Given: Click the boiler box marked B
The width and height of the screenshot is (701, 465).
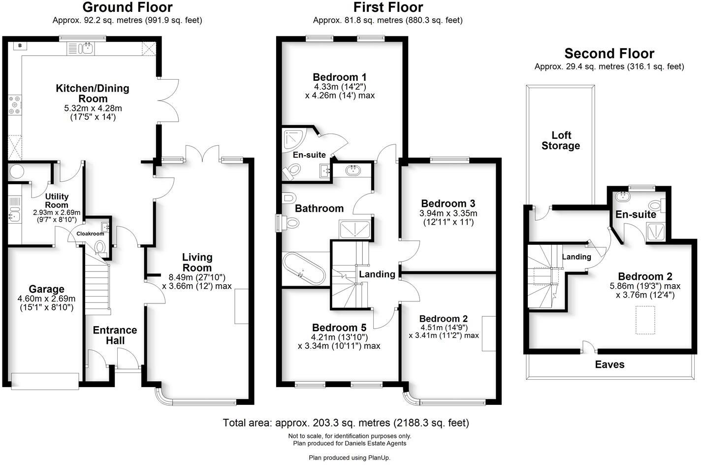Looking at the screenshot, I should pos(20,46).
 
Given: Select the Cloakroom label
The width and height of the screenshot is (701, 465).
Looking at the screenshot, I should pos(90,233).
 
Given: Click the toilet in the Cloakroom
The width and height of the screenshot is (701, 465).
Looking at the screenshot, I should pos(100,247).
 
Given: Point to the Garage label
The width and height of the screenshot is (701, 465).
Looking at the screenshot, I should pos(46,289).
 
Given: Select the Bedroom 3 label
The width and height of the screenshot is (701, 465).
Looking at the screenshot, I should pos(448,203).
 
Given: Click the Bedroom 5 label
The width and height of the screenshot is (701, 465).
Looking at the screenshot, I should pos(339,328).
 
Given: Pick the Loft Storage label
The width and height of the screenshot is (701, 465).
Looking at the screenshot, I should pos(561,140).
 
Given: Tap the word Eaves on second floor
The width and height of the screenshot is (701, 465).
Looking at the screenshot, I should pos(609,365).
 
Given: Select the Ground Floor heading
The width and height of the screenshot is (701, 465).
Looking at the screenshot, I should pos(127,7).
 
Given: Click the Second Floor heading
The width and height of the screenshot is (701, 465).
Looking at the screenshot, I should pos(609,53).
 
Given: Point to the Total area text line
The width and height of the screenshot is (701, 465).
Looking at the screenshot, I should pos(346,423).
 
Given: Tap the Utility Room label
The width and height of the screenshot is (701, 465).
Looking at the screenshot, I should pos(57,200).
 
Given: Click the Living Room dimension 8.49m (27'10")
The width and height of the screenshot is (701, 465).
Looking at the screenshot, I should pos(197,277).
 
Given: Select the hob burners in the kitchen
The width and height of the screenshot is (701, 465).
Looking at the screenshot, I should pos(13,104).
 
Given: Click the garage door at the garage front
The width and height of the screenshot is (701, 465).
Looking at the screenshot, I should pos(45,380).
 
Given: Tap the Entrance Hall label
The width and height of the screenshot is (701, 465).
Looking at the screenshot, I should pos(115,335).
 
